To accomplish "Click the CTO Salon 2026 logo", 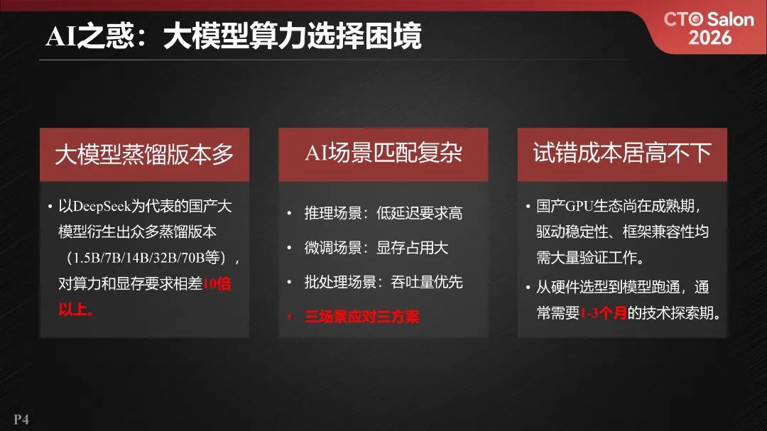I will coord(708,28).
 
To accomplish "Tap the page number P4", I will coord(21,420).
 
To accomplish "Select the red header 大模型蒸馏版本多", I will coord(144,154).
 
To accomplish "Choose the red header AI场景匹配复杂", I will coord(383,153).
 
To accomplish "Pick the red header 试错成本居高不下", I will coord(622,153).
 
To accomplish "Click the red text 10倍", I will coord(217,284).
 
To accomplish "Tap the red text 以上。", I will coord(76,310).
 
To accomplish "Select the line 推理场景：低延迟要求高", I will coord(383,213).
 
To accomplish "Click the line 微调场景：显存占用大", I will coord(376,248).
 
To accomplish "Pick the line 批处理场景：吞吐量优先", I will coord(383,282).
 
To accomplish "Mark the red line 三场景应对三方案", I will coord(361,317).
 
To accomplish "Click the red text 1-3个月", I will coord(604,313).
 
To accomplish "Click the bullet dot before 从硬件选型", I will coord(528,288).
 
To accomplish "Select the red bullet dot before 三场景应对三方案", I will coord(289,317).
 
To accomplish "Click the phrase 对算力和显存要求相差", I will coord(130,284).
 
